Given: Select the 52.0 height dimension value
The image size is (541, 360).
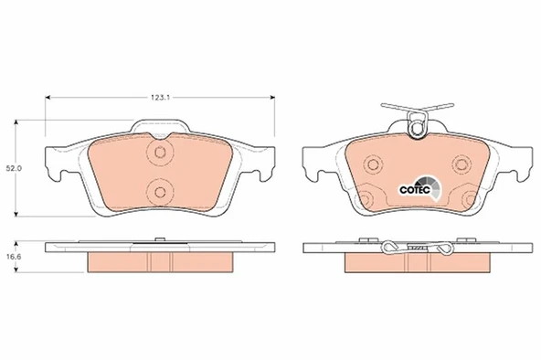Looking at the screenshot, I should tap(14, 168).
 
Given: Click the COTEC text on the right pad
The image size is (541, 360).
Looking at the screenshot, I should tap(415, 189).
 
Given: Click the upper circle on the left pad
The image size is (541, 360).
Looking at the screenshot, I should tap(160, 152).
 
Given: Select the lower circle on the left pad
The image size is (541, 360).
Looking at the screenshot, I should tap(160, 190).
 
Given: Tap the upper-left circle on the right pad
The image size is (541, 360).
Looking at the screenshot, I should tap(372, 164).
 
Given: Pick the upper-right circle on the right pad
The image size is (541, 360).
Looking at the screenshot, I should tap(461, 164).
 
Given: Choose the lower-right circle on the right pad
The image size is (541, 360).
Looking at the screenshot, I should tap(471, 199).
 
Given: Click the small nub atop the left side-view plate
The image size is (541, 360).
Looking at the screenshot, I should tap(160, 240).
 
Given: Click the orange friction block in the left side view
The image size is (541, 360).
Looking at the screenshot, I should tap(161, 261).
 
